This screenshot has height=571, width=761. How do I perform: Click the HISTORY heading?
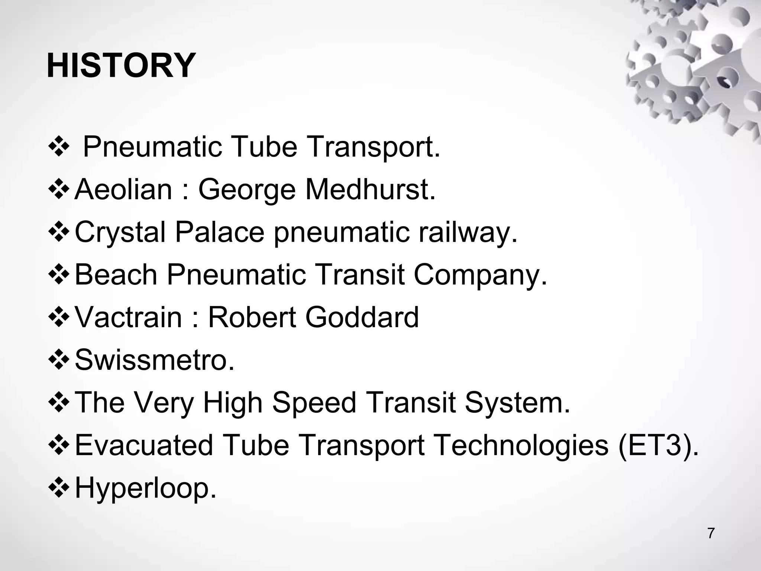[121, 66]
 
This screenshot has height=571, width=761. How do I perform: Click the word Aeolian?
[123, 190]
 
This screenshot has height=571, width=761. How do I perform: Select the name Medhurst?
[370, 190]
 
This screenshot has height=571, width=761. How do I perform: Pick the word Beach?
[116, 275]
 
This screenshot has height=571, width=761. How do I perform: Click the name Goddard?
[362, 317]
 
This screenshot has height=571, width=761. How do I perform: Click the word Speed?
[314, 403]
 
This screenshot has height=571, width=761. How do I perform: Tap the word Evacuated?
[144, 445]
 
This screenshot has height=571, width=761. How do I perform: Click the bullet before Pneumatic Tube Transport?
[59, 147]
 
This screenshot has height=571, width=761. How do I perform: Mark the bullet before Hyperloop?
[59, 488]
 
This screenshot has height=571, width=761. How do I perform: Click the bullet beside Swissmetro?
[59, 360]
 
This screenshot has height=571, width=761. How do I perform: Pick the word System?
[517, 403]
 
